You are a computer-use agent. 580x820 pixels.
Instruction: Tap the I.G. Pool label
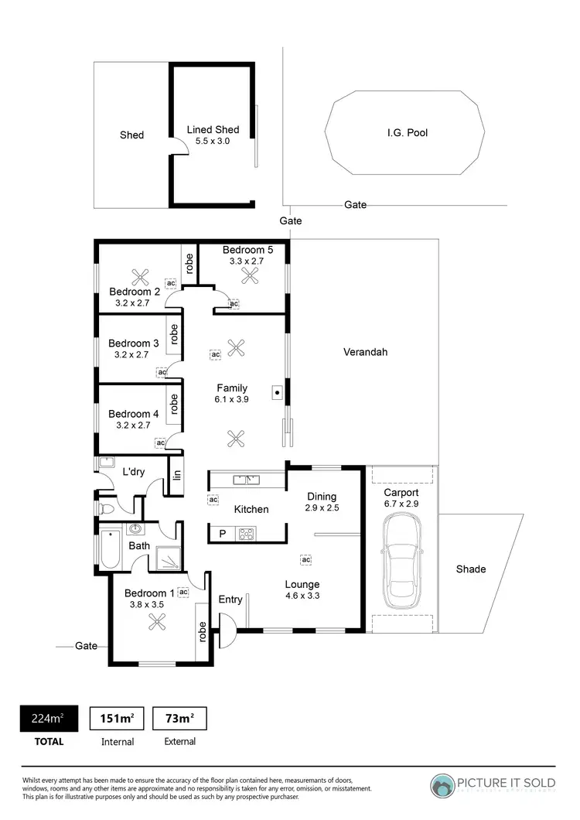408,133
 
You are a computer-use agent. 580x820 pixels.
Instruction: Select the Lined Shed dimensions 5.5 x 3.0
213,142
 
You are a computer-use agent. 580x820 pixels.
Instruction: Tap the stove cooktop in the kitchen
247,533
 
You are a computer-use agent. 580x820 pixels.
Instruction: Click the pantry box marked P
223,533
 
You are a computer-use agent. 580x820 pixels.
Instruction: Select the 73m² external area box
179,719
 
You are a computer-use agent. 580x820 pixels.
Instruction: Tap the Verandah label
366,352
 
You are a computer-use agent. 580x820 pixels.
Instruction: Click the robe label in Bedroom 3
175,334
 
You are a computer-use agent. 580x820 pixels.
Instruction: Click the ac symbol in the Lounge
305,559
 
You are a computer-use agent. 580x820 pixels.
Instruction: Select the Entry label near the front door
230,600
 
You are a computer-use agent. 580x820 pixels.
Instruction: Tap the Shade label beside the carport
471,569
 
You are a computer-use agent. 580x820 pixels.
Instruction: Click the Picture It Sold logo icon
444,785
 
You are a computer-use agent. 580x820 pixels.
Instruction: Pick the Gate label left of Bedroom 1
86,645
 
